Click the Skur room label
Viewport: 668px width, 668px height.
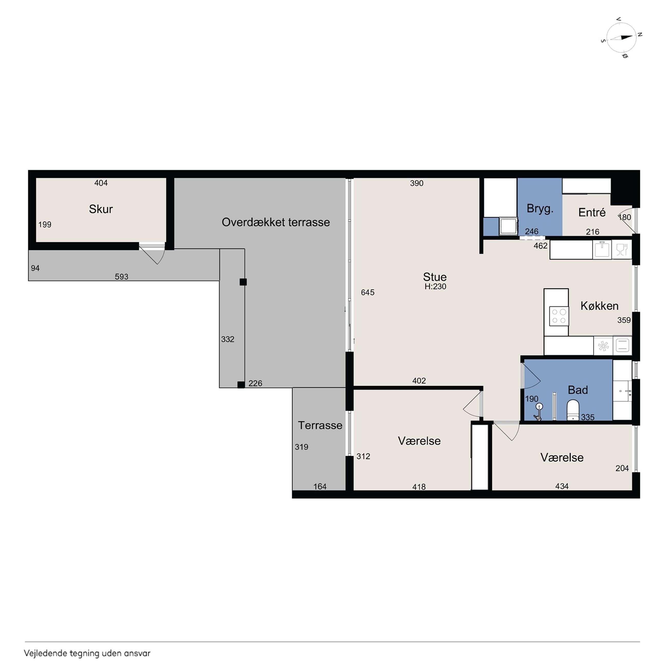tap(101, 209)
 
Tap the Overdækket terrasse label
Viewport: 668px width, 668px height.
tap(276, 222)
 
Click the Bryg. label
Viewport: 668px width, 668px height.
tap(540, 208)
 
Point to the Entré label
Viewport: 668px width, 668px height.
tap(592, 212)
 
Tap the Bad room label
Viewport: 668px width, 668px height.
tap(578, 390)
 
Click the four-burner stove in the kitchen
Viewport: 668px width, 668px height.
tap(559, 316)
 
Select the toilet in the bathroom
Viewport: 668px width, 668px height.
tap(573, 410)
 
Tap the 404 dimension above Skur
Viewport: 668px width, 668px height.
tap(101, 183)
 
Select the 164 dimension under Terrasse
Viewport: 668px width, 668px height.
tap(320, 486)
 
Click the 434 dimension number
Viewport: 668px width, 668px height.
tap(562, 486)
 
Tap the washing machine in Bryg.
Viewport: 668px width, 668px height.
tap(508, 226)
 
